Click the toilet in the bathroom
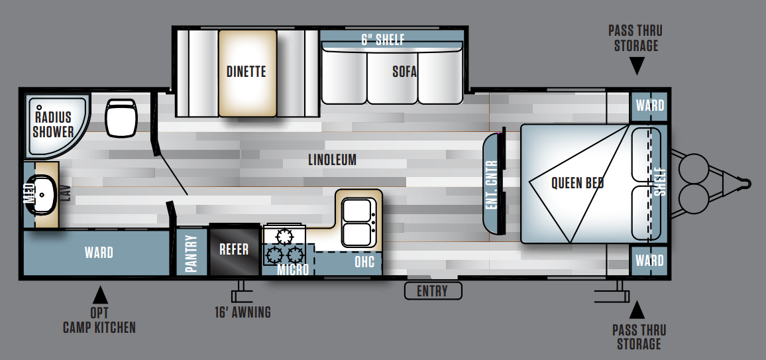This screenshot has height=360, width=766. [120, 117]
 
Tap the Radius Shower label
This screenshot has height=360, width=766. [53, 124]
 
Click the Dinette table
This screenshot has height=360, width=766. [247, 73]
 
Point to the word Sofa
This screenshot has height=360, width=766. [404, 72]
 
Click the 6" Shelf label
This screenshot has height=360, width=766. [382, 40]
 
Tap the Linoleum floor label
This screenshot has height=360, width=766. [332, 160]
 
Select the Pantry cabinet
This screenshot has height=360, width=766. [191, 253]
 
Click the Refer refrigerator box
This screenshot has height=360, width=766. [234, 249]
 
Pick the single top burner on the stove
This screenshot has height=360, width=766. [283, 237]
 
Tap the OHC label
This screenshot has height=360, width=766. [364, 262]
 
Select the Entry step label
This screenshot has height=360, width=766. [432, 291]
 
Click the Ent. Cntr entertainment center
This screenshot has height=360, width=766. [494, 185]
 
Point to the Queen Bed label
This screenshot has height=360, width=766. [577, 183]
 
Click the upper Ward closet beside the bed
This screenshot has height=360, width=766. [649, 106]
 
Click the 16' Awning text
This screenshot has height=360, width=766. [243, 312]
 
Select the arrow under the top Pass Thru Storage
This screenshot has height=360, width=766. [637, 66]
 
